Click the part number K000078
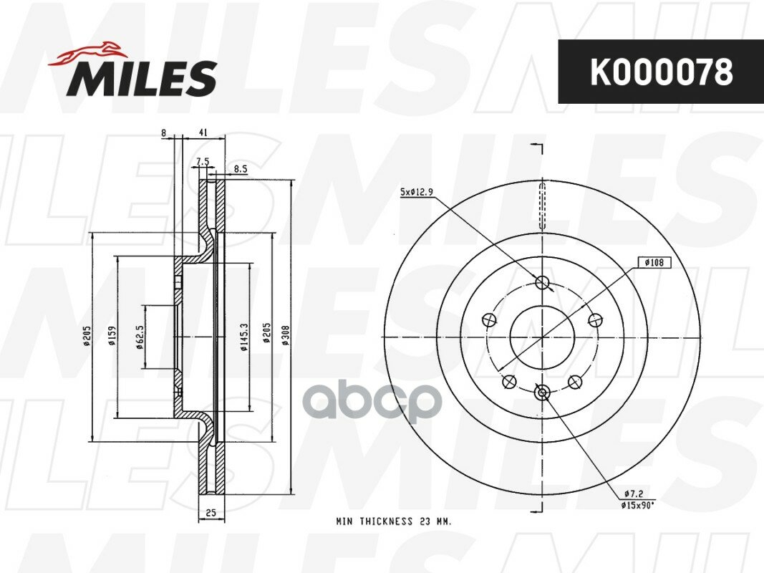pos(661,72)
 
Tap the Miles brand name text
pos(142,78)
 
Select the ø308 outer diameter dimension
pos(286,336)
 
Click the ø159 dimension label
pos(112,336)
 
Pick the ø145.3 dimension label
pos(244,337)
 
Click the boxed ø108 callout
pos(654,263)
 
